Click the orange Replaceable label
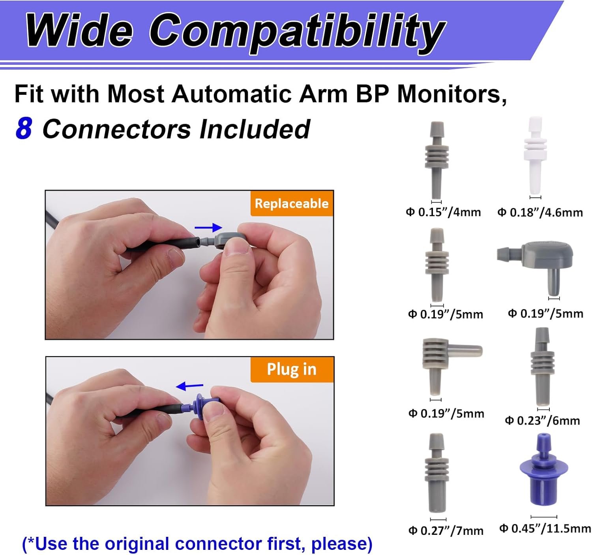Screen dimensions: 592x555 click(292, 203)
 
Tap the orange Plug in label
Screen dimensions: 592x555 click(292, 369)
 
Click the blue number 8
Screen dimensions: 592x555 click(24, 129)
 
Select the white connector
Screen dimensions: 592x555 click(535, 155)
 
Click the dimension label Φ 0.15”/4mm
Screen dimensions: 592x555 click(443, 212)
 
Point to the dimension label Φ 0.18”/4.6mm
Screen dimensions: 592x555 click(540, 213)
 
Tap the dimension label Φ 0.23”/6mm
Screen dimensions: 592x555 click(542, 420)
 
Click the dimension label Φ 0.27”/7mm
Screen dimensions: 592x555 click(446, 530)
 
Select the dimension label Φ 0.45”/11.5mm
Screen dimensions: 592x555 click(545, 528)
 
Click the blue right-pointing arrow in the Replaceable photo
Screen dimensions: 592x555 click(208, 228)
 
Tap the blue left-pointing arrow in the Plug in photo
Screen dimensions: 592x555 click(189, 386)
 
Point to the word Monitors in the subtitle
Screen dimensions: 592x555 click(452, 94)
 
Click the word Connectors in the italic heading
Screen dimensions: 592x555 click(116, 129)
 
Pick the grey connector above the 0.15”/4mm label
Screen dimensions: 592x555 click(437, 160)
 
